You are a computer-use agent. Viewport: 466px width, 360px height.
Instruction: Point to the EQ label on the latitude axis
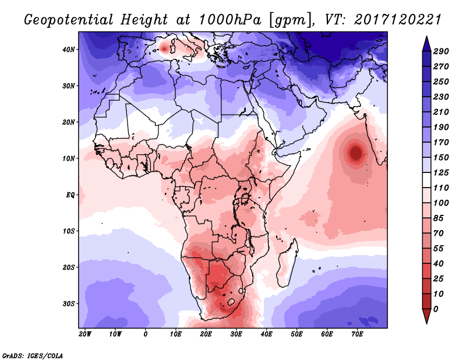click(x=70, y=195)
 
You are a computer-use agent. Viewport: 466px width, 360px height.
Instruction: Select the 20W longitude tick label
click(x=85, y=334)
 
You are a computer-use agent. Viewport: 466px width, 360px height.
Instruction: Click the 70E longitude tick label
click(x=357, y=334)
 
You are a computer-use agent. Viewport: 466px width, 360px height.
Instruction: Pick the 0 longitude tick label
click(x=146, y=334)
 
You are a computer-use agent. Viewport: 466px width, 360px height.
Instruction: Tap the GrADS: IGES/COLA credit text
click(x=33, y=355)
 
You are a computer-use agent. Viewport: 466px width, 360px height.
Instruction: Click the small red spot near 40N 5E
click(x=165, y=48)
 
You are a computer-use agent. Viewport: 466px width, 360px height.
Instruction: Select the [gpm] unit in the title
click(x=289, y=19)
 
